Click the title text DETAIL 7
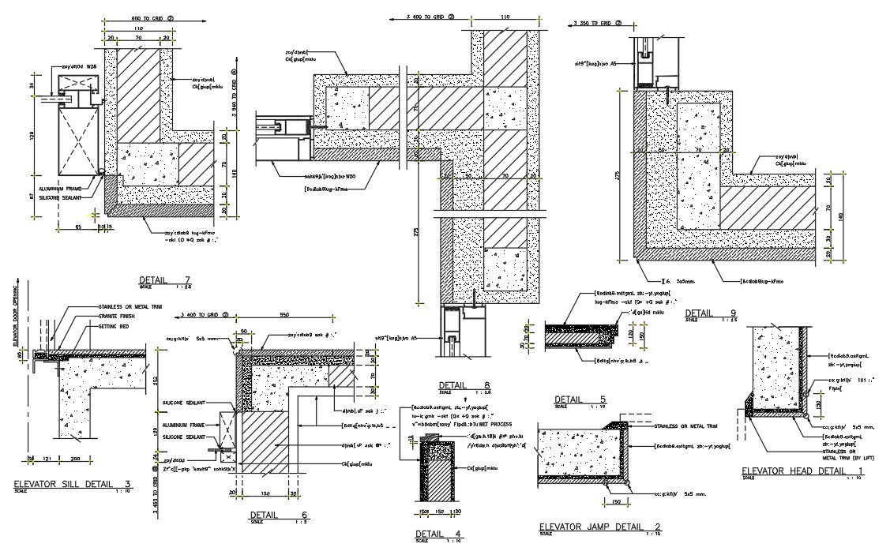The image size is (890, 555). [164, 280]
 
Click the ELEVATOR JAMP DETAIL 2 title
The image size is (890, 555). [599, 527]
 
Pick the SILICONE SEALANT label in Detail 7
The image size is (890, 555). [66, 199]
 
